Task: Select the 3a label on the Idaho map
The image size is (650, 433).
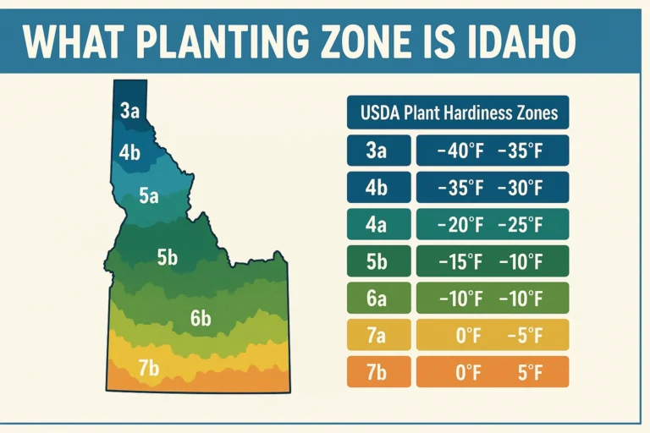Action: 129,110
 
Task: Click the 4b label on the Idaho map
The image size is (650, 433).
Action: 129,153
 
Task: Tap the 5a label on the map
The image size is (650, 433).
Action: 149,196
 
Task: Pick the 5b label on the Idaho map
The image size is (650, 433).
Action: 168,258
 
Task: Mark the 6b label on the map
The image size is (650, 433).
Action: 200,319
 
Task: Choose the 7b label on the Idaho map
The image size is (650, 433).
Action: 148,368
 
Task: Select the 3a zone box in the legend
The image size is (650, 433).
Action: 377,151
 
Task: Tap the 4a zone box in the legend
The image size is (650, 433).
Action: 377,224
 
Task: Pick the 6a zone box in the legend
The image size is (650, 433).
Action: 377,298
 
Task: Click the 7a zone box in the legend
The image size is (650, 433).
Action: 377,335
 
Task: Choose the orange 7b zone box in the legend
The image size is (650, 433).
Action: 377,371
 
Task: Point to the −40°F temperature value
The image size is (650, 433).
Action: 460,151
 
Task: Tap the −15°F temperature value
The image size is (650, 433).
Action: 460,261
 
